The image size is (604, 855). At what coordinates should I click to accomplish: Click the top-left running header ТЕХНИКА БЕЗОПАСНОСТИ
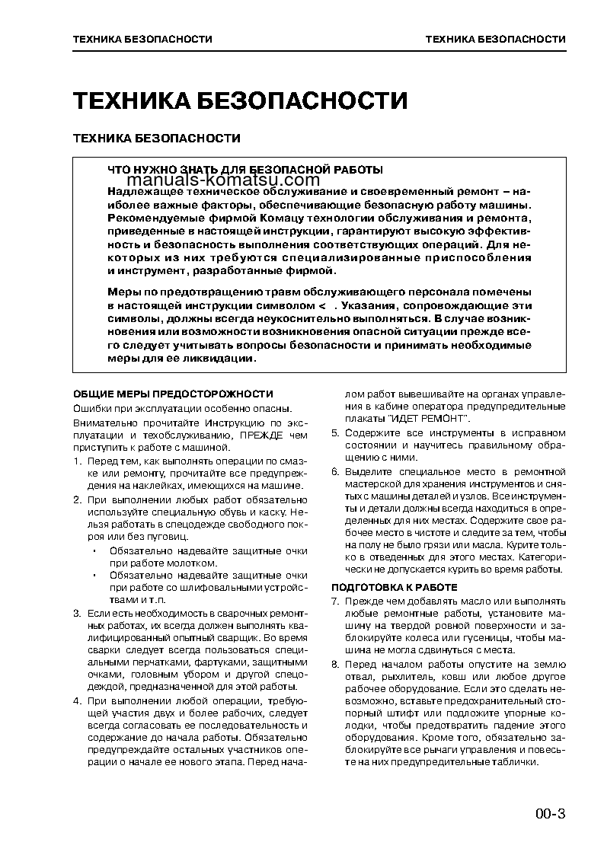(142, 39)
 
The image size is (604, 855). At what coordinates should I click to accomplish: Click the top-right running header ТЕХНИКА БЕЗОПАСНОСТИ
(495, 39)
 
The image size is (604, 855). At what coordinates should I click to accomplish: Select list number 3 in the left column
(77, 613)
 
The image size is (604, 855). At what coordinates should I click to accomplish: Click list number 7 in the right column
(335, 601)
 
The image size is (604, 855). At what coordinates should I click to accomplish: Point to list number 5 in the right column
(335, 432)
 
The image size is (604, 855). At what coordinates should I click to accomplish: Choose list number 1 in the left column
(77, 462)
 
